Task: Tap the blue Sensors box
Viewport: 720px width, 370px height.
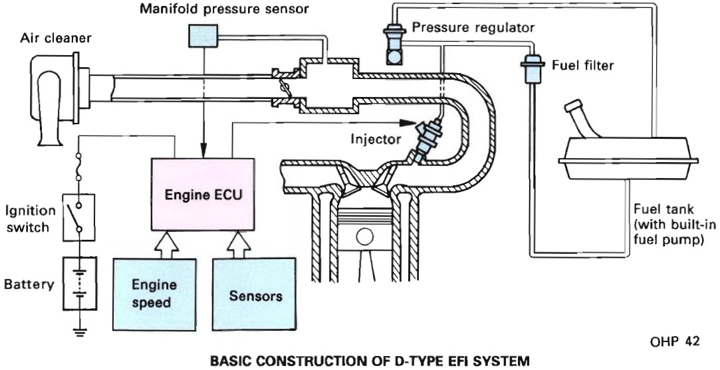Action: click(255, 294)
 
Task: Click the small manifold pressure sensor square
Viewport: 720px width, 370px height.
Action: click(199, 36)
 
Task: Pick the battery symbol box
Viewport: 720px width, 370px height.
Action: click(79, 284)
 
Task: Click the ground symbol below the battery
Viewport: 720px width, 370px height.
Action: click(79, 332)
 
